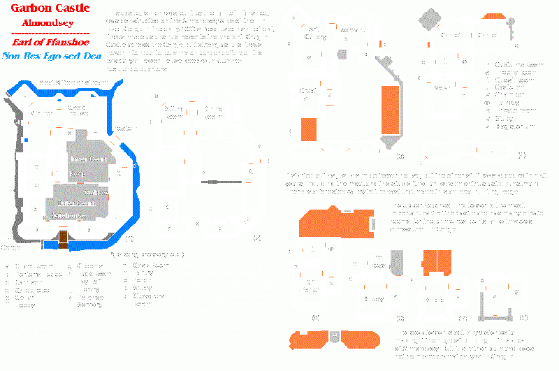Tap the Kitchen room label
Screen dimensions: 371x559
42,112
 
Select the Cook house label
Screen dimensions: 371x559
78,110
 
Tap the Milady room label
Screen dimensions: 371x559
374,298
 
